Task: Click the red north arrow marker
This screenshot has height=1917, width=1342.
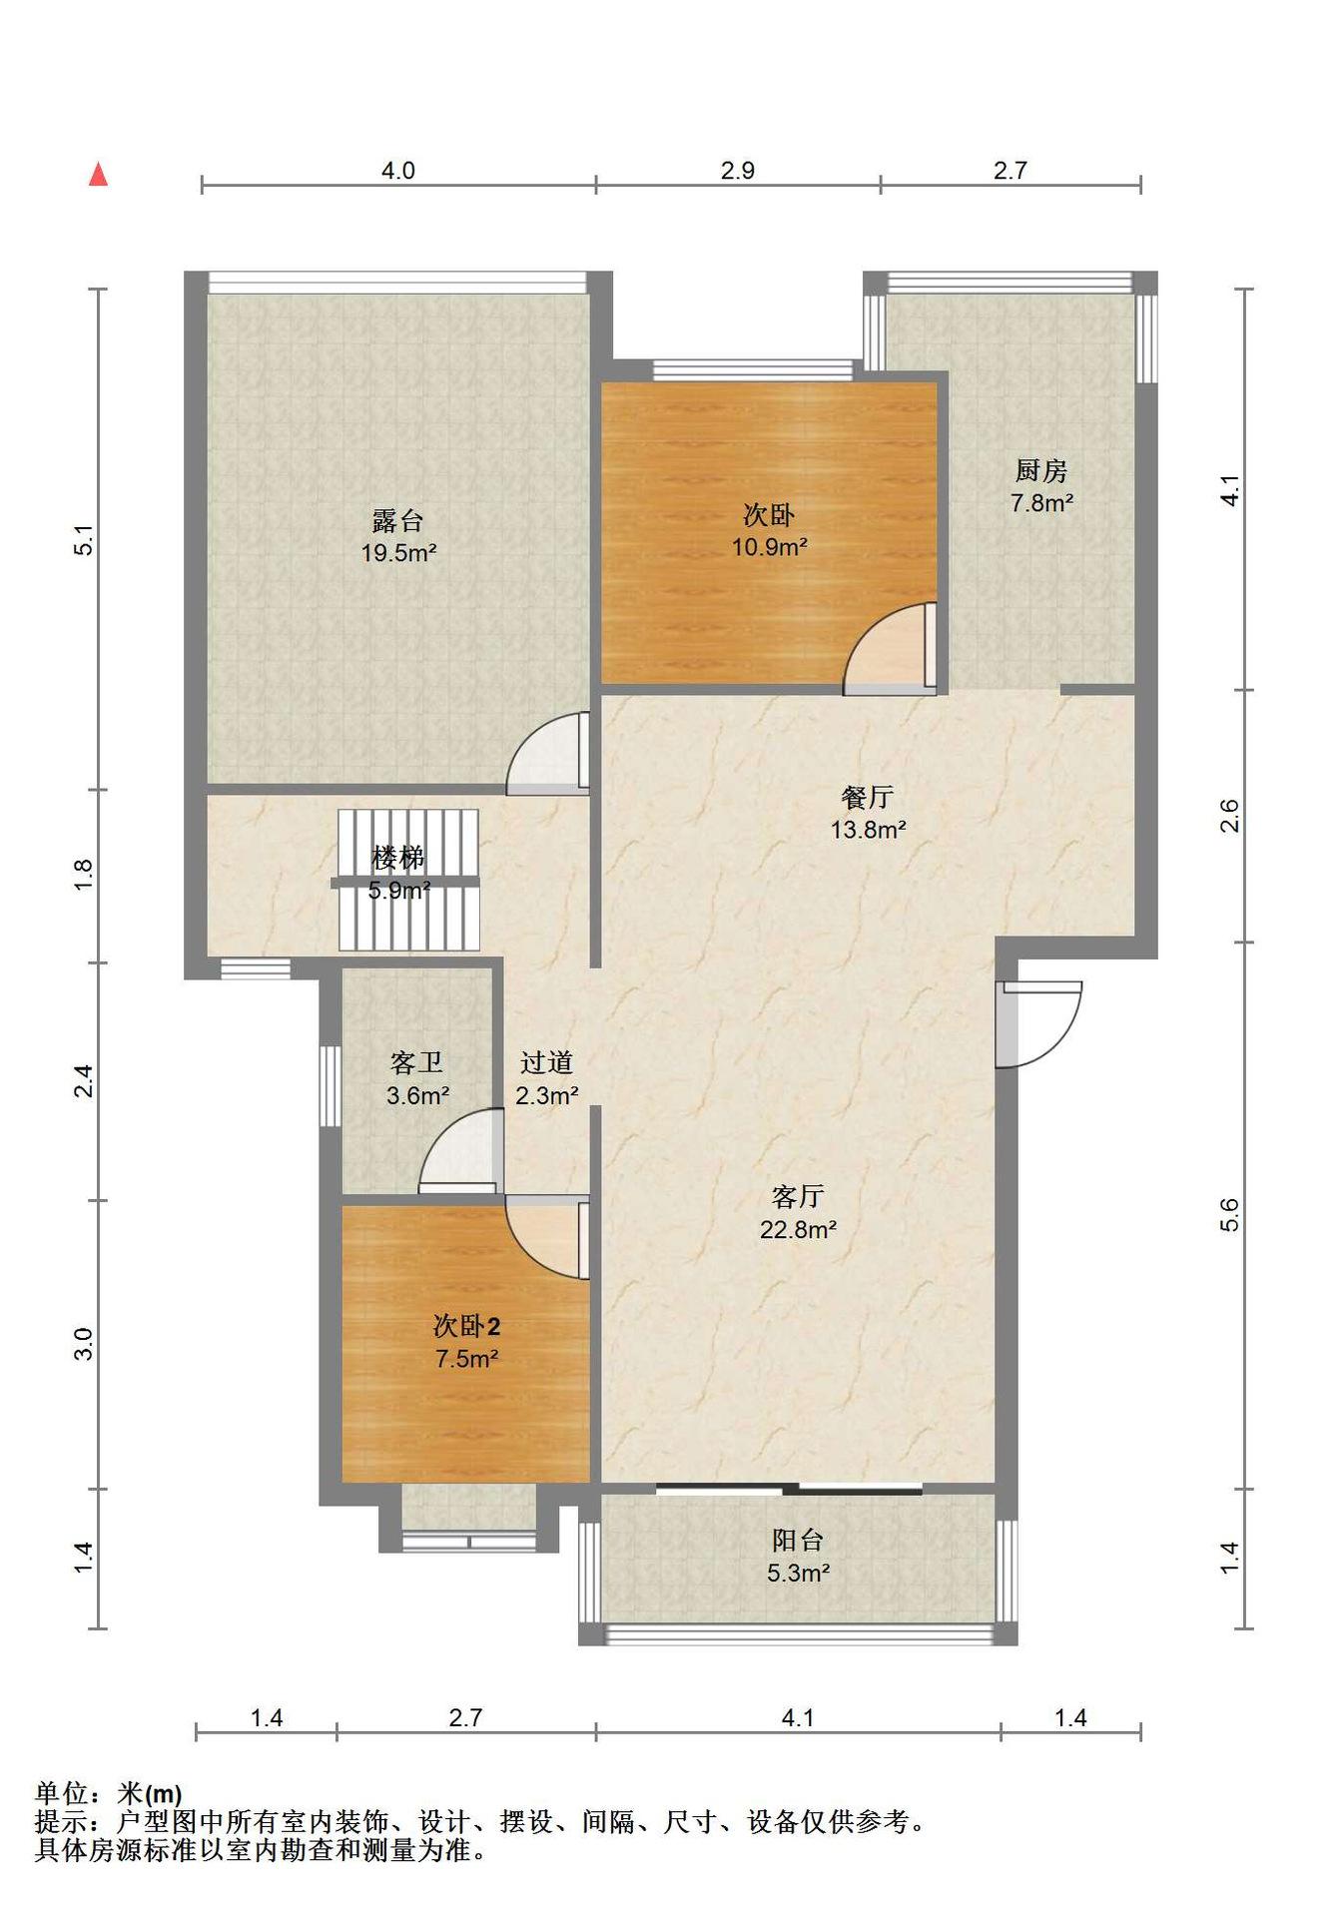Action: coord(98,174)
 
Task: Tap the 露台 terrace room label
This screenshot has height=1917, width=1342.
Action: coord(397,520)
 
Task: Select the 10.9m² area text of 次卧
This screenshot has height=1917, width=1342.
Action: coord(769,547)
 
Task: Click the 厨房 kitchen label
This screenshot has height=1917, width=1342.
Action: coord(1041,470)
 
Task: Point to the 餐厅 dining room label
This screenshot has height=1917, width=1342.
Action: coord(867,797)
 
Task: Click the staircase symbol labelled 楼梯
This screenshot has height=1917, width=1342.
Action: coord(408,880)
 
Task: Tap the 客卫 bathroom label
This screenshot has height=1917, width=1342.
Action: coord(416,1062)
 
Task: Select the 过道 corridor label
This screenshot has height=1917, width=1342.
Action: coord(546,1062)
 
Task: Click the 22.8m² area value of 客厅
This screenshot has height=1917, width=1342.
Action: coord(798,1229)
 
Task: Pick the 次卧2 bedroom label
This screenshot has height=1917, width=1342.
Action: coord(466,1326)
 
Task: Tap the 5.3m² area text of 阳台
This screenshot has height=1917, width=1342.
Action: coord(798,1573)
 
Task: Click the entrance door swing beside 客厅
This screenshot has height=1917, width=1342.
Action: coord(1038,1024)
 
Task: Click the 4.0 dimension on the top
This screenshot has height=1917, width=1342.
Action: coord(397,171)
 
